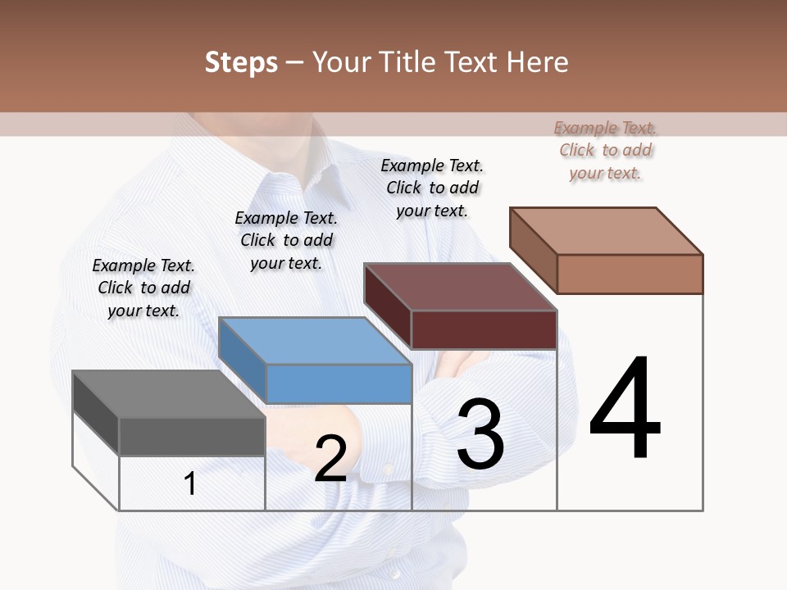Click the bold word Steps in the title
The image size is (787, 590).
(x=241, y=63)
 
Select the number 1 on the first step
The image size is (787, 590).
(x=190, y=483)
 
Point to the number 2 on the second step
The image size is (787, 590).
(x=330, y=459)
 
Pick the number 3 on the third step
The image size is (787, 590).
(x=480, y=435)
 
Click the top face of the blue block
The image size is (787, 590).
(x=315, y=341)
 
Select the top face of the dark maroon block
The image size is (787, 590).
(x=460, y=287)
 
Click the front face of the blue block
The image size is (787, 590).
(x=339, y=383)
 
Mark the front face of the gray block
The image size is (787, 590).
(x=192, y=436)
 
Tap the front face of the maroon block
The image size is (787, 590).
(x=484, y=329)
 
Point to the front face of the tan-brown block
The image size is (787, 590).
(x=630, y=274)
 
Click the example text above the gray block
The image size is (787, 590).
(x=143, y=288)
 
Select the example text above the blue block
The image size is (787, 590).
(x=286, y=240)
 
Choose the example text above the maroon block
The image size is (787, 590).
(x=432, y=188)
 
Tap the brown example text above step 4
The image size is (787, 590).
(x=605, y=150)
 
